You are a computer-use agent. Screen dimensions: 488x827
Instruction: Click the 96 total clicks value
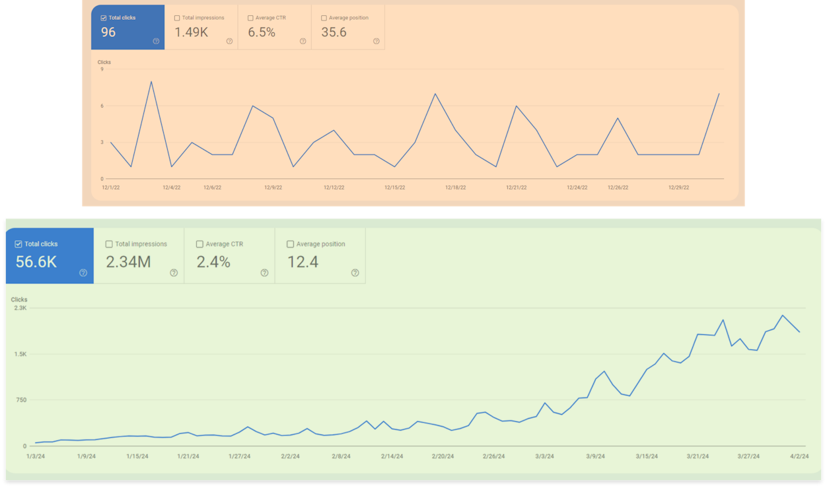point(108,32)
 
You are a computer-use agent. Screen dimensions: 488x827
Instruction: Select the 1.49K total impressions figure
point(191,32)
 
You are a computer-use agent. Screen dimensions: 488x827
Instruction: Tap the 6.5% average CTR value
point(262,32)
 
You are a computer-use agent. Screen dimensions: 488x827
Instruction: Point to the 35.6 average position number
point(334,32)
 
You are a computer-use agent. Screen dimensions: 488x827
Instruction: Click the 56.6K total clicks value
point(36,262)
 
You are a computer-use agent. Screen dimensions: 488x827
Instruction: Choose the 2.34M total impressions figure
point(128,262)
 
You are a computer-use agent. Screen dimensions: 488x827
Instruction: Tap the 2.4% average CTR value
point(213,262)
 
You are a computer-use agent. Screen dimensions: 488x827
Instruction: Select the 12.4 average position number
point(303,262)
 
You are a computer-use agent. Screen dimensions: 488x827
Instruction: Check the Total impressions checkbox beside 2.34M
point(109,244)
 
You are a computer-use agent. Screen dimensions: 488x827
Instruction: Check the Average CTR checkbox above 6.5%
point(250,18)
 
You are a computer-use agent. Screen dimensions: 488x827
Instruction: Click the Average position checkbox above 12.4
point(291,244)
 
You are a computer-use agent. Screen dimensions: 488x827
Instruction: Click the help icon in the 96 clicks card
point(156,41)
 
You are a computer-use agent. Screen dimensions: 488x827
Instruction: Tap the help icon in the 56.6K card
point(83,273)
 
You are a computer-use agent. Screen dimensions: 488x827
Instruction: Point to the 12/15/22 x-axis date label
point(394,188)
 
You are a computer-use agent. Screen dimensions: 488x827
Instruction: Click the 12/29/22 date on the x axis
point(678,188)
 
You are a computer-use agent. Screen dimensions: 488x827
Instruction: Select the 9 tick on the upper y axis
point(102,69)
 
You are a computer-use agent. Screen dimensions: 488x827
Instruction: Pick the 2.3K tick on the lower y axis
point(18,308)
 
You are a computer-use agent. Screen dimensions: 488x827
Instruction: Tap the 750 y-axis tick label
point(20,400)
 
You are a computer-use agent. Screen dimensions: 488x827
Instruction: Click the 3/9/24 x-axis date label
point(595,456)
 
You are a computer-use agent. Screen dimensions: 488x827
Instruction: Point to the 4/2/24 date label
point(800,456)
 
